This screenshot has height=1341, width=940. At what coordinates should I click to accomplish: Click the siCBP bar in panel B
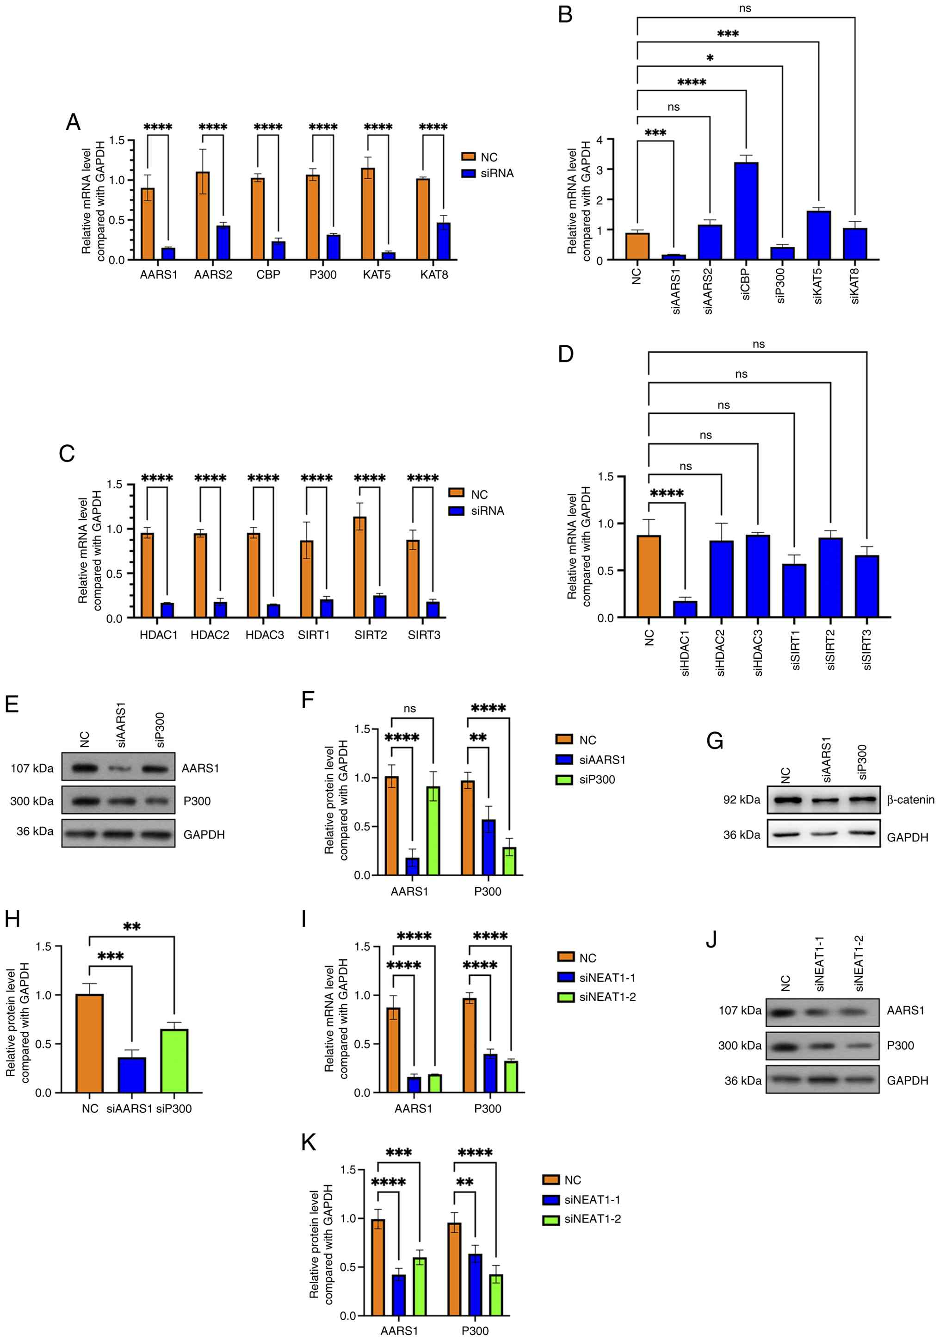click(x=746, y=210)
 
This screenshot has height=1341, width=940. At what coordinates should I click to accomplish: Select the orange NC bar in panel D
click(x=649, y=576)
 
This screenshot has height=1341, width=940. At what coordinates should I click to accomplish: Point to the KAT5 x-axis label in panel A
click(x=377, y=274)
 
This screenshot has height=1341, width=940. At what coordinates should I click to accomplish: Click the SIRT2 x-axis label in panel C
click(x=370, y=635)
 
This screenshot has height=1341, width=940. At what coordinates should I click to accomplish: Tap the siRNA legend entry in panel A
click(x=496, y=174)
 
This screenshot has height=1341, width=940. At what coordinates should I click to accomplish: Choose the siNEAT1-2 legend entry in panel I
click(x=607, y=997)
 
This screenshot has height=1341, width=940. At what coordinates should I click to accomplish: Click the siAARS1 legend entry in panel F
click(x=602, y=760)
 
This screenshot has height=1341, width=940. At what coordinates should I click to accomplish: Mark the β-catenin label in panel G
click(x=910, y=799)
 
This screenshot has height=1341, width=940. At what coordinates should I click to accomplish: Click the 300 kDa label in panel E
click(x=31, y=801)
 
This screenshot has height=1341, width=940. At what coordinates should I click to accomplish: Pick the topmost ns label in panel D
click(x=758, y=344)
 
